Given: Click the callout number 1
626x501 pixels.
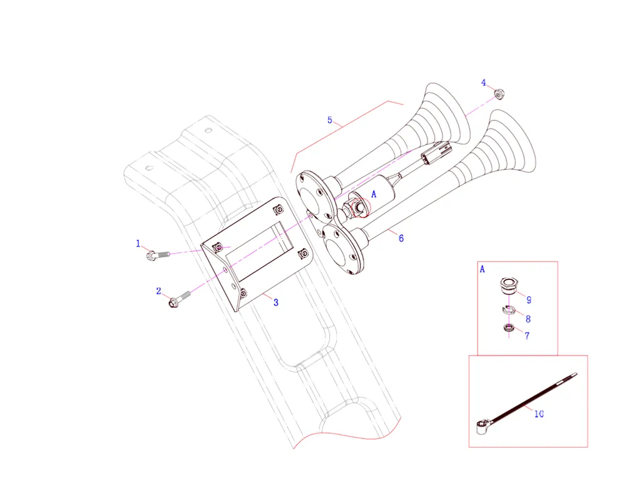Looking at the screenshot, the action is [138, 244].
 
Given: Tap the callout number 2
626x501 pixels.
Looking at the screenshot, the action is [158, 291].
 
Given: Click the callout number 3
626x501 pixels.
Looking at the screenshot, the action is [276, 302].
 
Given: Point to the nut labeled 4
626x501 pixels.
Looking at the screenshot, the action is [498, 95].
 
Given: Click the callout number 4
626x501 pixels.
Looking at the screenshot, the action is [483, 83].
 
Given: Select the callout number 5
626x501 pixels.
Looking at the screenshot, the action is [330, 120].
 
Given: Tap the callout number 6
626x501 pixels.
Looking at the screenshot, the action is [401, 238].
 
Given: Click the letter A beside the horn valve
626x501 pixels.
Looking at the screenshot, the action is [374, 194].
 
